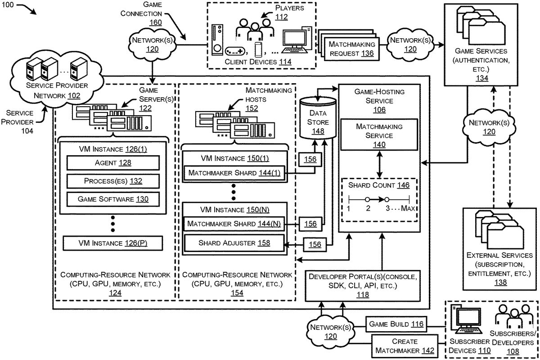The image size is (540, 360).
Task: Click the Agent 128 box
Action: [x=113, y=163]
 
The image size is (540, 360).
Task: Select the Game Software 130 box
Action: [x=113, y=198]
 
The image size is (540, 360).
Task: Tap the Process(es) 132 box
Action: [x=113, y=181]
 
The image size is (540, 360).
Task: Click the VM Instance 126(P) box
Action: [x=113, y=243]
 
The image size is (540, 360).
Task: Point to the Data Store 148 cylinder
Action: [x=318, y=118]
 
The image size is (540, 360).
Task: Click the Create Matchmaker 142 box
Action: [x=405, y=346]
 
